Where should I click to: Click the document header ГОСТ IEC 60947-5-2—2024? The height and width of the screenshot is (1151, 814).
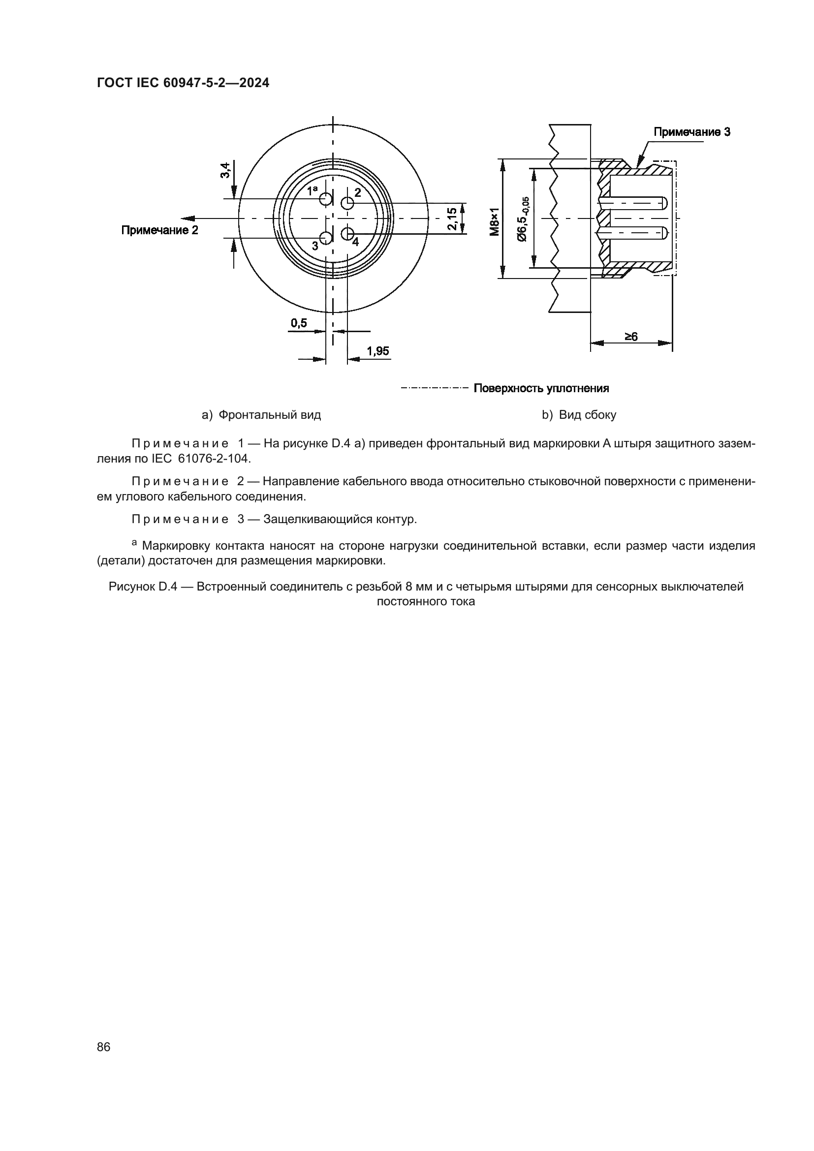point(183,83)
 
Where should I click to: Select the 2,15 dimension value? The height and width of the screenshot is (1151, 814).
point(452,218)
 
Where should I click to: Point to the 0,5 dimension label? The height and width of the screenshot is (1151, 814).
point(299,323)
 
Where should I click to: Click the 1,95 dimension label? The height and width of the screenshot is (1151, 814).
point(378,351)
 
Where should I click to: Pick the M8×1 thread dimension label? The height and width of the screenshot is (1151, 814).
point(495,221)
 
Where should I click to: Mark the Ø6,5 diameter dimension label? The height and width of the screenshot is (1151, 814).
point(522,218)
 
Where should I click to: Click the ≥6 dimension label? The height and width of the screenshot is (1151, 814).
point(631,337)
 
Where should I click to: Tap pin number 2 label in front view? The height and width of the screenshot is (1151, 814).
point(358,192)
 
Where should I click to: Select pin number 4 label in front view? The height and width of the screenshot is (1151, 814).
point(355,242)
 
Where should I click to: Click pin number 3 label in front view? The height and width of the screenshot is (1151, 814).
point(315,246)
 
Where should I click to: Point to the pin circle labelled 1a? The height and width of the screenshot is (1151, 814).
point(326,199)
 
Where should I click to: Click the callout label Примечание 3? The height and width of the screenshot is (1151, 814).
point(691,132)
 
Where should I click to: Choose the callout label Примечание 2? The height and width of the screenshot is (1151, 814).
point(159,230)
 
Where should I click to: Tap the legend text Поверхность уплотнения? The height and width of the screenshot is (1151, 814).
point(541,388)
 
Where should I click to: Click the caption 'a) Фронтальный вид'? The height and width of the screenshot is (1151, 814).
point(261,414)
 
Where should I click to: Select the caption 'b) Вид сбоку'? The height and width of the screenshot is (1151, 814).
point(579,414)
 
